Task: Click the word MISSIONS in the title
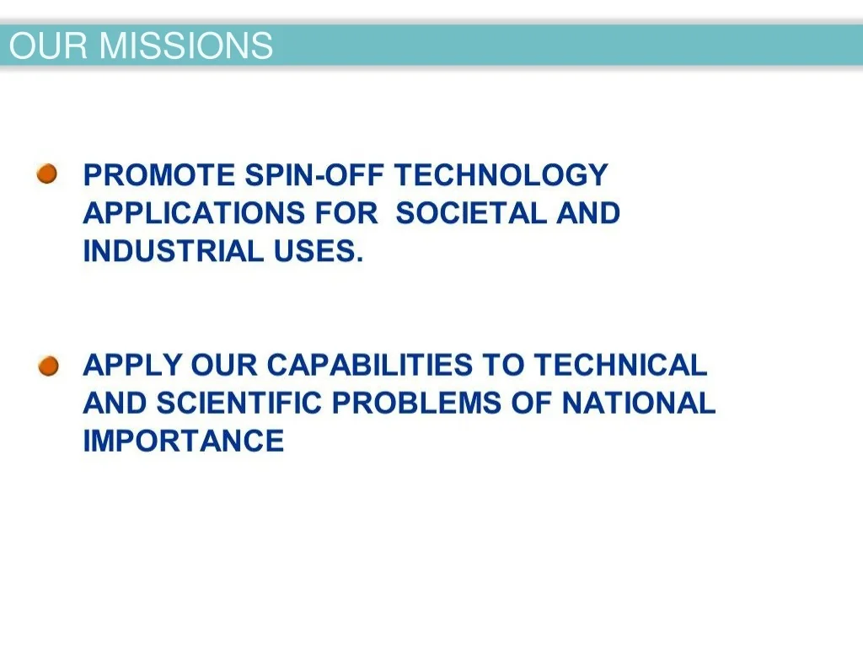[x=186, y=45]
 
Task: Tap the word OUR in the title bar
[x=48, y=45]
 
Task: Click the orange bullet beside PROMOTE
[x=47, y=174]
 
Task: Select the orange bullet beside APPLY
[x=48, y=366]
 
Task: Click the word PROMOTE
[x=159, y=175]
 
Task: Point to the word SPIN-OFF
[x=314, y=175]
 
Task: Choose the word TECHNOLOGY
[x=501, y=176]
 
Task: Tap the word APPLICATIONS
[x=194, y=213]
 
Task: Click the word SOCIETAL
[x=471, y=213]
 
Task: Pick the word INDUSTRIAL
[x=174, y=251]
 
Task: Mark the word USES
[x=319, y=251]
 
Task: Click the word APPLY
[x=132, y=365]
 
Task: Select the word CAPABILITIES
[x=370, y=365]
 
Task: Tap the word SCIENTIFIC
[x=239, y=403]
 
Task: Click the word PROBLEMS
[x=416, y=403]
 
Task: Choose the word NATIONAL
[x=639, y=403]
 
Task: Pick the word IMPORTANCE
[x=184, y=441]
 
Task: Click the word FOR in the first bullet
[x=346, y=213]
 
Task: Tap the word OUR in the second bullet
[x=224, y=365]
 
